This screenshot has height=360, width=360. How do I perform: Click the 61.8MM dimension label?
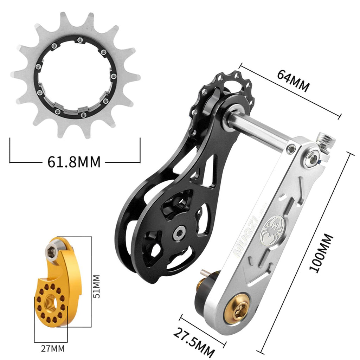coord(74,162)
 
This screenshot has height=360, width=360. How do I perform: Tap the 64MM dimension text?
coord(293,81)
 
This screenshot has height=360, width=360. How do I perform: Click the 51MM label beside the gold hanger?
coord(97,286)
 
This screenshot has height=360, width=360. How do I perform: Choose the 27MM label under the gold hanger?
coord(53,348)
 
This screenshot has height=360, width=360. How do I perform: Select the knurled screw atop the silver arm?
coord(325,141)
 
